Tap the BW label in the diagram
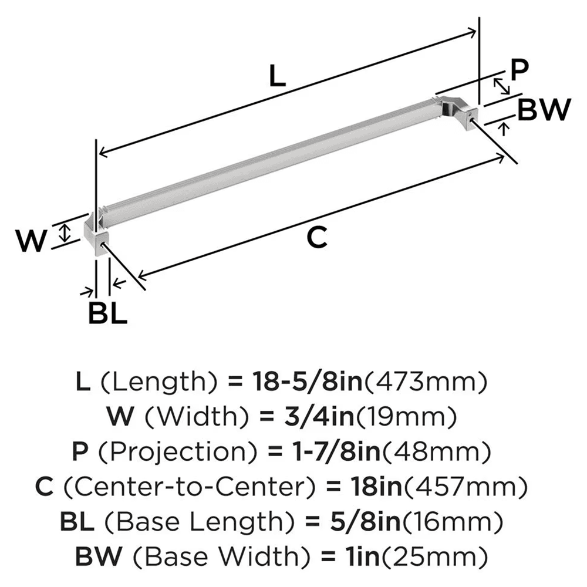[545, 110]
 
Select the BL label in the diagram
[107, 313]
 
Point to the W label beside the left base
[31, 241]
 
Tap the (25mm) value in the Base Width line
[447, 555]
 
